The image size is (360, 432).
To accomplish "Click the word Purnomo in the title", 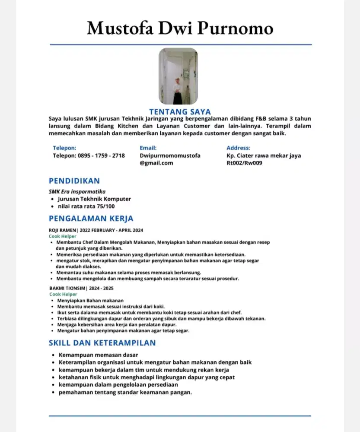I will click(236, 29).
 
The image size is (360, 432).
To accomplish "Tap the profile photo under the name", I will click(178, 76).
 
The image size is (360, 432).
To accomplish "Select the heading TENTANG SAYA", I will click(180, 112).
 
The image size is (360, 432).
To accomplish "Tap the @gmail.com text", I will click(156, 163).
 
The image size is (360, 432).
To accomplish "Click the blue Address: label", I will click(238, 148).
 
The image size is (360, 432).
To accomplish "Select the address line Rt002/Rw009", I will click(245, 163).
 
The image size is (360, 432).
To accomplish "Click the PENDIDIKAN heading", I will click(74, 181).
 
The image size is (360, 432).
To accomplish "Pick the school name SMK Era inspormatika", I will click(77, 191).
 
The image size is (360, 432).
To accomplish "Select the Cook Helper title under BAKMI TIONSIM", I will click(63, 294).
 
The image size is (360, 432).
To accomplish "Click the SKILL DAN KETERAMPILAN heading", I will click(102, 343).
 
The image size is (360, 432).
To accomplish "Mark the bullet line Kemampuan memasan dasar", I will click(92, 355).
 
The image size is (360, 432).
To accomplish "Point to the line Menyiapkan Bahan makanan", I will click(90, 300).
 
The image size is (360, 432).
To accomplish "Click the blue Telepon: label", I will click(64, 148).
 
